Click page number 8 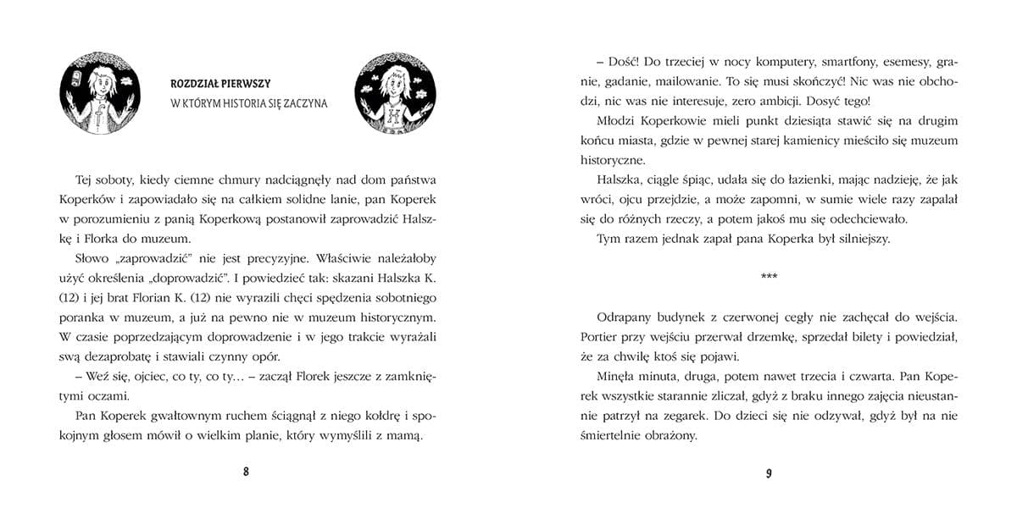(247, 472)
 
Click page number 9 (769, 472)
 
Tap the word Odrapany (625, 317)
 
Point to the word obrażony (670, 436)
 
